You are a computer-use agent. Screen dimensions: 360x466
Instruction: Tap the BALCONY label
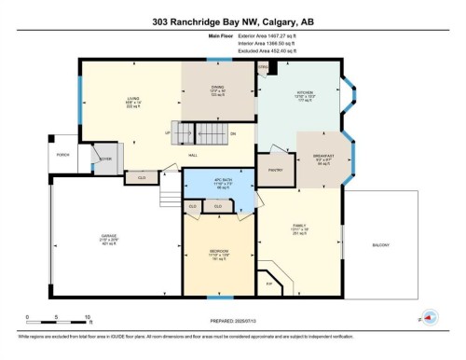tap(380, 244)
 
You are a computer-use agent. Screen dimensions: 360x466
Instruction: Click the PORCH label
tap(62, 155)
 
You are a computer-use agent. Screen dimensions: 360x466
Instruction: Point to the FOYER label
tap(105, 159)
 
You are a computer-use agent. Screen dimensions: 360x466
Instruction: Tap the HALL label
tap(193, 155)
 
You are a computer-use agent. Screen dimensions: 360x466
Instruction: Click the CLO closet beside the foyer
tap(141, 177)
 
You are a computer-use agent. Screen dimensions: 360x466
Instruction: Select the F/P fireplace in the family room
tap(270, 284)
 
